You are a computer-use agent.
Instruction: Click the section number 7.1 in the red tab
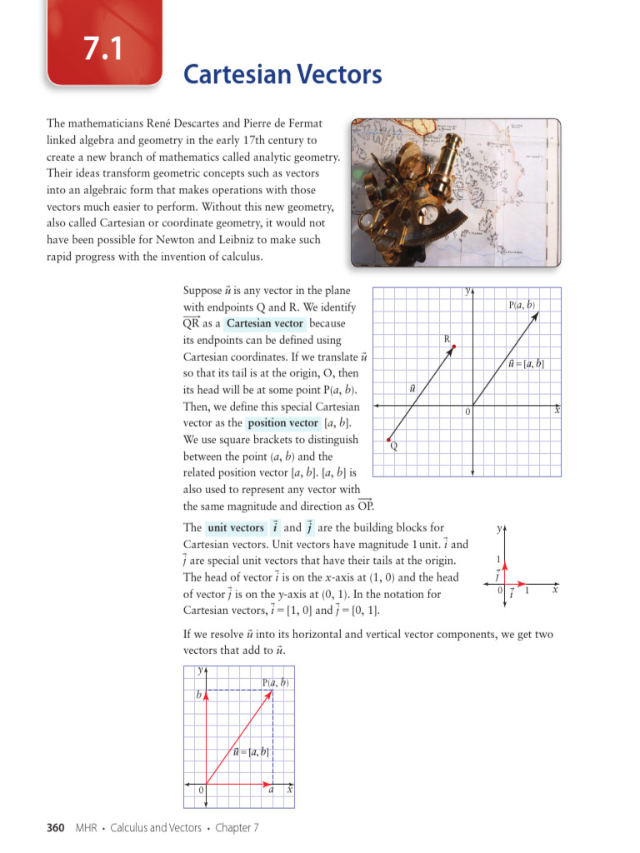(102, 49)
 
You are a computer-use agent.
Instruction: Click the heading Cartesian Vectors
(282, 75)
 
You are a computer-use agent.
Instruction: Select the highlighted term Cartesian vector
(264, 323)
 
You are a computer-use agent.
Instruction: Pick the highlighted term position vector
(282, 423)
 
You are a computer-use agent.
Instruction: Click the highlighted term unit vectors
(235, 527)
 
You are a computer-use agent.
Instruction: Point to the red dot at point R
(453, 347)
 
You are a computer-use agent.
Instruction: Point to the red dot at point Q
(389, 438)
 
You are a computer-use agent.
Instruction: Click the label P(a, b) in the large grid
(522, 306)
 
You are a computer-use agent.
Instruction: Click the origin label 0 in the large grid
(467, 412)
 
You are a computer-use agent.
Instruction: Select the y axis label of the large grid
(468, 292)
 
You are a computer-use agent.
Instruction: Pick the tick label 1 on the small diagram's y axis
(497, 559)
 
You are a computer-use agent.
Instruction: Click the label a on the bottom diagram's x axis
(271, 791)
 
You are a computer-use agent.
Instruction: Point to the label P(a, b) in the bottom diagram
(275, 682)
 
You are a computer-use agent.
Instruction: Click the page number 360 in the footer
(55, 827)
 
